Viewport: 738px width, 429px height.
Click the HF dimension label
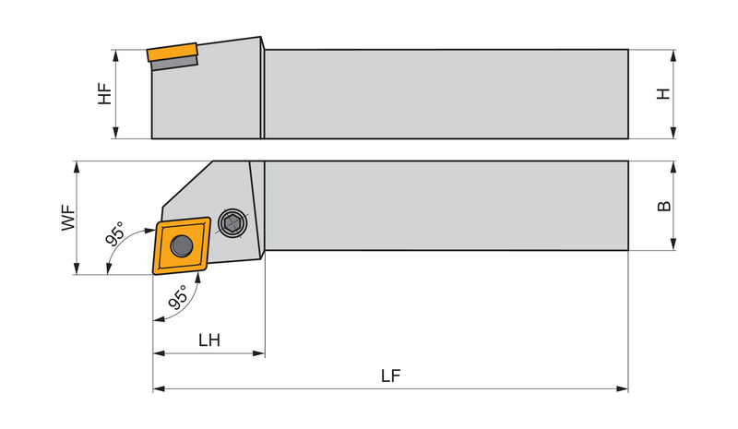pyautogui.click(x=105, y=94)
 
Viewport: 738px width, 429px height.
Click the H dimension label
pyautogui.click(x=663, y=94)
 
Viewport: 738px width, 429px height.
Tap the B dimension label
pyautogui.click(x=663, y=206)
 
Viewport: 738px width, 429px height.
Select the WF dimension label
pyautogui.click(x=68, y=217)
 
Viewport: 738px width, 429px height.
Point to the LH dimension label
pyautogui.click(x=209, y=340)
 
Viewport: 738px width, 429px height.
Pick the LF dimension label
pyautogui.click(x=390, y=375)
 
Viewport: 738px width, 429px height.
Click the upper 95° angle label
pyautogui.click(x=114, y=233)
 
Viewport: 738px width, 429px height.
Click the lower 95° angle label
pyautogui.click(x=178, y=297)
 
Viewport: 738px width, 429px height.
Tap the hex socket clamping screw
pyautogui.click(x=232, y=222)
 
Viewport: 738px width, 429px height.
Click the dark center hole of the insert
pyautogui.click(x=182, y=245)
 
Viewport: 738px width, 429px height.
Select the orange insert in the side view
pyautogui.click(x=172, y=52)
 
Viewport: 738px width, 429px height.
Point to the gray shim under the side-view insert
pyautogui.click(x=174, y=63)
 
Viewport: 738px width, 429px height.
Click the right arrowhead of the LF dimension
pyautogui.click(x=622, y=389)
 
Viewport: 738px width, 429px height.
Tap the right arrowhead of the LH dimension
pyautogui.click(x=259, y=353)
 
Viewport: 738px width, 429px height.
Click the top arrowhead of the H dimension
pyautogui.click(x=673, y=55)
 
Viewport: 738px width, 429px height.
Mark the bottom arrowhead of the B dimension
pyautogui.click(x=673, y=244)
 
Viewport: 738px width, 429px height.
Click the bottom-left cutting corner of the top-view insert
pyautogui.click(x=155, y=272)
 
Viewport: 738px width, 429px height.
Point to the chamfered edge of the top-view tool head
pyautogui.click(x=187, y=184)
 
